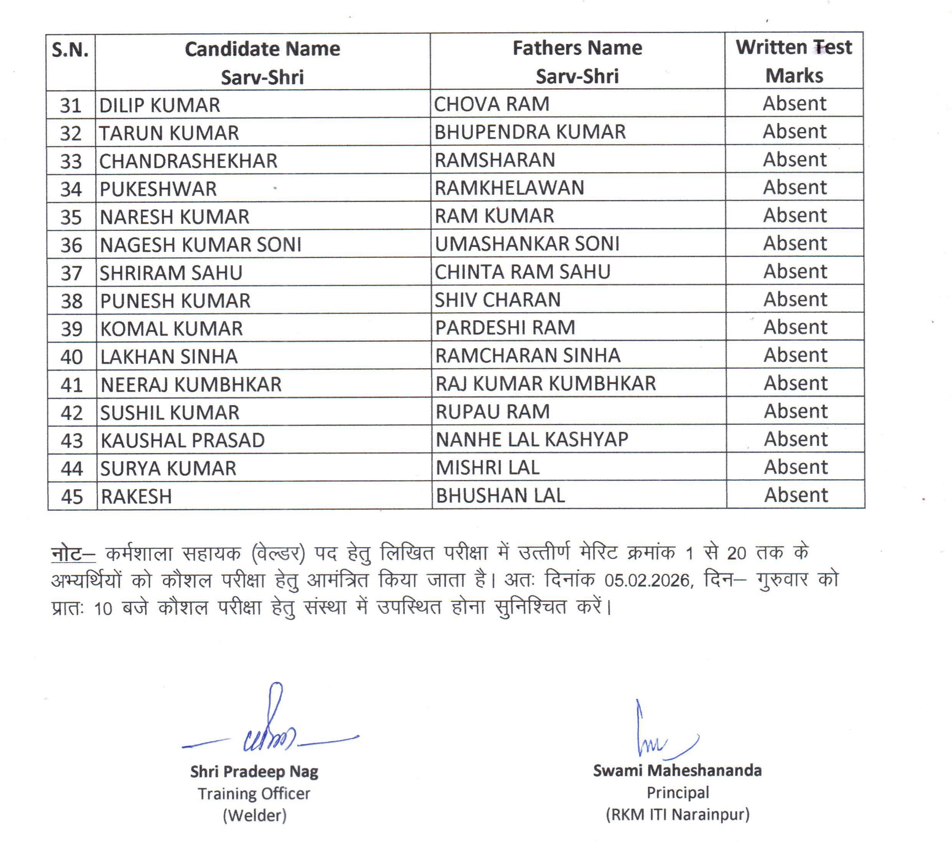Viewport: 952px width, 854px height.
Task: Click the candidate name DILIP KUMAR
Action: click(160, 105)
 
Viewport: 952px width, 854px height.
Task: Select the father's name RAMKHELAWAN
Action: click(509, 188)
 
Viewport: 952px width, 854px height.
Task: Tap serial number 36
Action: click(71, 245)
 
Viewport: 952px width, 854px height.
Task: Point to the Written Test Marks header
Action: click(794, 61)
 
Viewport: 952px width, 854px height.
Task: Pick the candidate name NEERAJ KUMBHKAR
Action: click(191, 385)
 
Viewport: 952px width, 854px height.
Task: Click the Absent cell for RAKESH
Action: click(796, 495)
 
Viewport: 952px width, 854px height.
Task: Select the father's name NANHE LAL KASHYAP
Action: click(532, 440)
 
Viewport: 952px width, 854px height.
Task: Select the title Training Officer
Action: click(254, 793)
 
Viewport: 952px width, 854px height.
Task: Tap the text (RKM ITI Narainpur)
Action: click(677, 814)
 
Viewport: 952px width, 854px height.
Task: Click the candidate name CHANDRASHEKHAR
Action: click(188, 161)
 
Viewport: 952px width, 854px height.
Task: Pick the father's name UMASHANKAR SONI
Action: click(527, 244)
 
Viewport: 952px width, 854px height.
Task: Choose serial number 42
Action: click(71, 413)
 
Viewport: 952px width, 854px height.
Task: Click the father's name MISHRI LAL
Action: click(488, 467)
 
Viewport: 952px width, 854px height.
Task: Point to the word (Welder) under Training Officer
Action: click(254, 816)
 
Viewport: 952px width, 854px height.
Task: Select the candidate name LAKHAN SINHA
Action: click(169, 357)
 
